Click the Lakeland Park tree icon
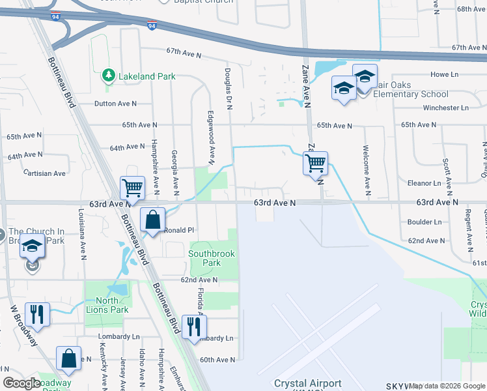(109, 76)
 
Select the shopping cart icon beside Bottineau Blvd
(132, 188)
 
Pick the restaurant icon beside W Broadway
(37, 314)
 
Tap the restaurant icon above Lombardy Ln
(193, 326)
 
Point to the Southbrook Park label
(213, 258)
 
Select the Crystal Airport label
(308, 383)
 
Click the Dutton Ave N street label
(115, 104)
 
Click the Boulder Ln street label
(424, 222)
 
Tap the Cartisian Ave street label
(44, 173)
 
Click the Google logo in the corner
(22, 383)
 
